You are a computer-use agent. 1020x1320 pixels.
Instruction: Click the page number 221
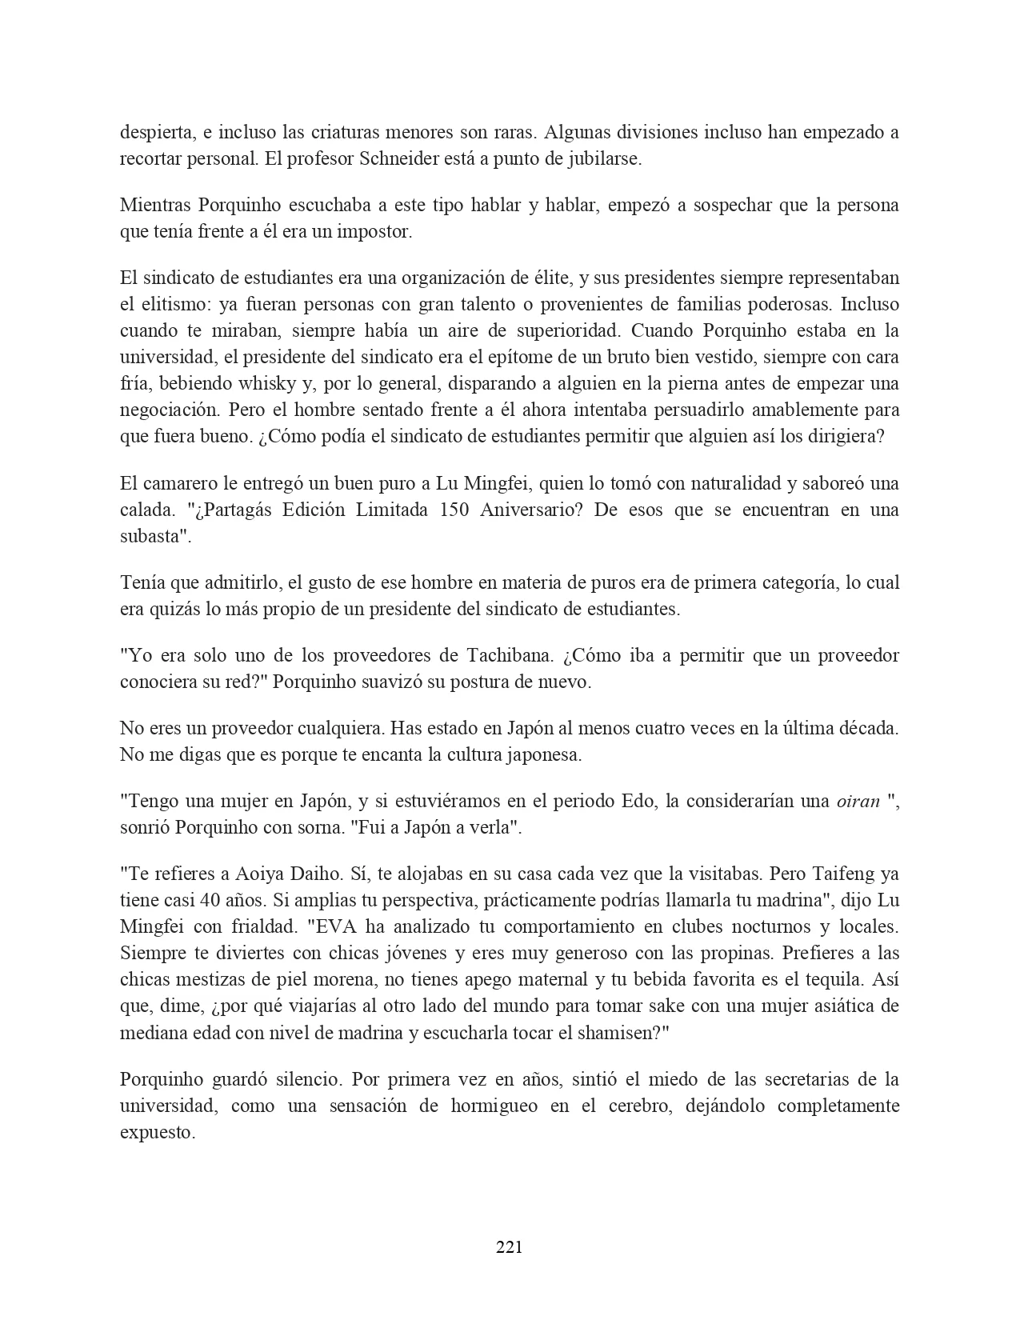pyautogui.click(x=509, y=1246)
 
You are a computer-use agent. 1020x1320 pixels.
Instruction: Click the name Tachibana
pyautogui.click(x=509, y=655)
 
